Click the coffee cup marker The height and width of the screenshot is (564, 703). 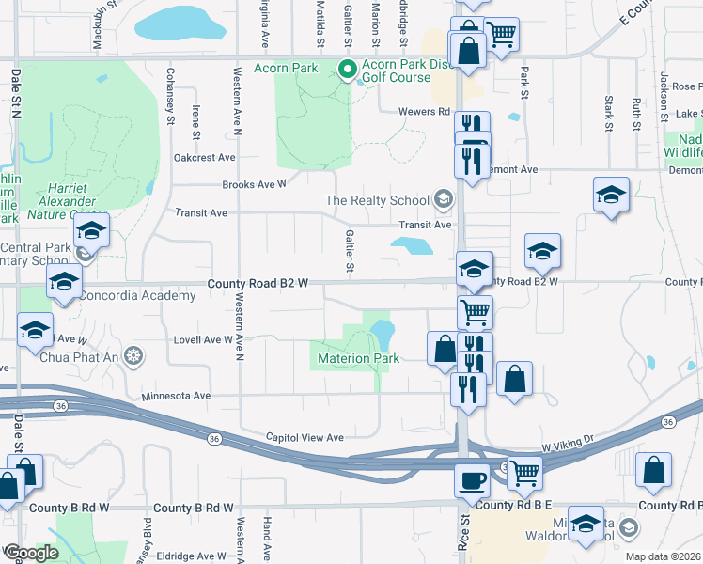[471, 479]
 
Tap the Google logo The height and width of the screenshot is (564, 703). [31, 554]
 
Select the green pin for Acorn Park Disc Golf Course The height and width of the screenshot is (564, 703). [346, 69]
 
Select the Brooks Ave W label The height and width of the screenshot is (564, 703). [254, 185]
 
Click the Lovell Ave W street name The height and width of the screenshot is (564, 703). [201, 339]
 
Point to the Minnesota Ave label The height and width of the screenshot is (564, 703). [176, 396]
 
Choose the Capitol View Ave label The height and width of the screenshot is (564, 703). [305, 437]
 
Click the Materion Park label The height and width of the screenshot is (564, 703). [358, 358]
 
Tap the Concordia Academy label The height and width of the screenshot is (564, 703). [137, 295]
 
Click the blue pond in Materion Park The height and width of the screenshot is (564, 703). [382, 332]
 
